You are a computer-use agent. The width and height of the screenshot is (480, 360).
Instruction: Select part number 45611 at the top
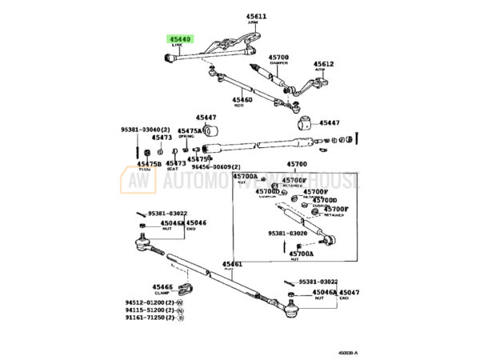[x=261, y=17]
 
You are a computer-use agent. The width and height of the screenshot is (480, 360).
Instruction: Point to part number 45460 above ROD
[x=242, y=99]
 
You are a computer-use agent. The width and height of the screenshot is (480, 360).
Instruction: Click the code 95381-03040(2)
[x=146, y=129]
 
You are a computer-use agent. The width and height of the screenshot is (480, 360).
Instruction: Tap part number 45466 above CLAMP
[x=162, y=286]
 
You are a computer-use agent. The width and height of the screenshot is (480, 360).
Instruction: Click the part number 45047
[x=350, y=294]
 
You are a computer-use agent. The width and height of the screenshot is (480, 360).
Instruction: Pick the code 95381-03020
[x=287, y=233]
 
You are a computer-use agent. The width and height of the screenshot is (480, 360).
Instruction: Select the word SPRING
[x=188, y=137]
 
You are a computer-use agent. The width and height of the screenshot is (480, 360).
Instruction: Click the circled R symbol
[x=180, y=318]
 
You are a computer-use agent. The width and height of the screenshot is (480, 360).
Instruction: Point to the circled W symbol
[x=180, y=303]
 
